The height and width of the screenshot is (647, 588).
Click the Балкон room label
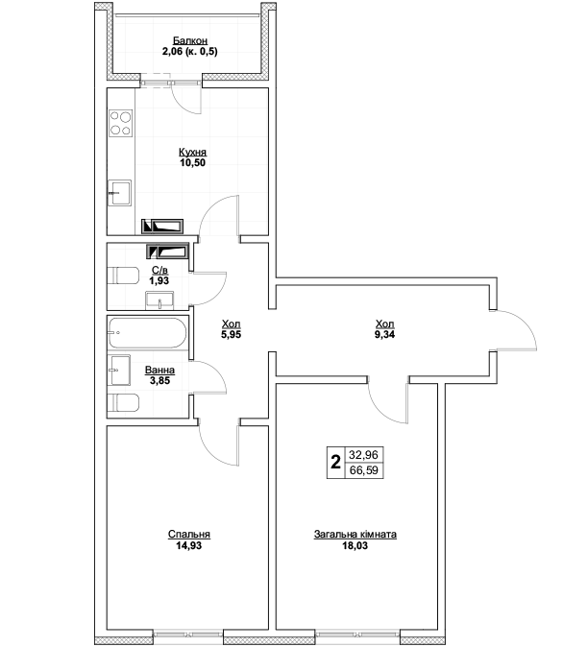coord(190,41)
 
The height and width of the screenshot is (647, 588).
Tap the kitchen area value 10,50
coord(192,162)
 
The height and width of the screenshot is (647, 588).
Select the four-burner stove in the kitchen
coord(120,123)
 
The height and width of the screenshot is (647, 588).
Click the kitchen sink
coord(119,193)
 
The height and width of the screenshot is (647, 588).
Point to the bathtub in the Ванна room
coord(147,332)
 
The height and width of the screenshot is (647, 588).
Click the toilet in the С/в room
coord(123,276)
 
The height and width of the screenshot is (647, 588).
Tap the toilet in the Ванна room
coord(123,403)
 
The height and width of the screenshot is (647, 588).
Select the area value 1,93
coord(159,280)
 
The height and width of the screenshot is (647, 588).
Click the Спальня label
coord(189,534)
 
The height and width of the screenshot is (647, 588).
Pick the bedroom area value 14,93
coord(189,545)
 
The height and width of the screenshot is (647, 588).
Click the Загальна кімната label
coord(355,534)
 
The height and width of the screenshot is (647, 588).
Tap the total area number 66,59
coord(364,470)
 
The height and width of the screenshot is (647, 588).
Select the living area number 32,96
coord(364,455)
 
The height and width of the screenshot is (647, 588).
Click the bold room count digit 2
coord(335,462)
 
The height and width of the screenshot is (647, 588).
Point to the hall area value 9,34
coord(384,334)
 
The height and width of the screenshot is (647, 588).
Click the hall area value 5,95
coord(231,334)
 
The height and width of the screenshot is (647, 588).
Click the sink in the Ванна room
coord(119,371)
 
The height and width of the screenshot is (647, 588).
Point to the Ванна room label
coord(159,371)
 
